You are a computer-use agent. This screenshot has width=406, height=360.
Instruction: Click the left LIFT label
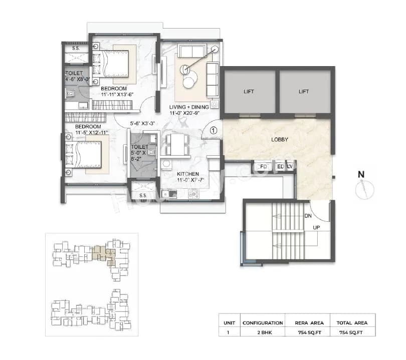tap(249, 92)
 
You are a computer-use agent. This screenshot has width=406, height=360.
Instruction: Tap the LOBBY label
tap(280, 140)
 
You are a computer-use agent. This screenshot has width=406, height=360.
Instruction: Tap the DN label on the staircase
tap(309, 216)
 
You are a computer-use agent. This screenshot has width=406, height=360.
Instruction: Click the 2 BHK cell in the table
tap(262, 331)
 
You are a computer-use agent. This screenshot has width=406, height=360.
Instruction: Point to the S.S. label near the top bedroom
tap(76, 49)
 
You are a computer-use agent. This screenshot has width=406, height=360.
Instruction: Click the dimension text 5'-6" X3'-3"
tap(141, 123)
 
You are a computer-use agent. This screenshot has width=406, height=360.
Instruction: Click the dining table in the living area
tap(176, 144)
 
